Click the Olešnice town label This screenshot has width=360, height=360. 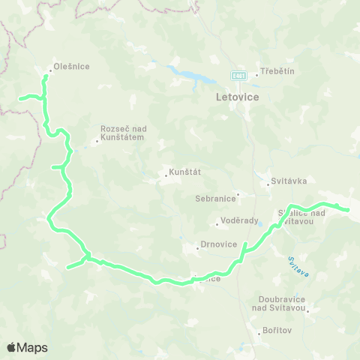click(72, 67)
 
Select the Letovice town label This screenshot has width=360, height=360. click(236, 97)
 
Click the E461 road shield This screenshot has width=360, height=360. click(237, 76)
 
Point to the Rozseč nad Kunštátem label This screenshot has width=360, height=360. click(124, 133)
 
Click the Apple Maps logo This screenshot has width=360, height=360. click(27, 347)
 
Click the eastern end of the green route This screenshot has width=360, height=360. click(348, 210)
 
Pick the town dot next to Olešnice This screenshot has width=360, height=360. click(50, 72)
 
